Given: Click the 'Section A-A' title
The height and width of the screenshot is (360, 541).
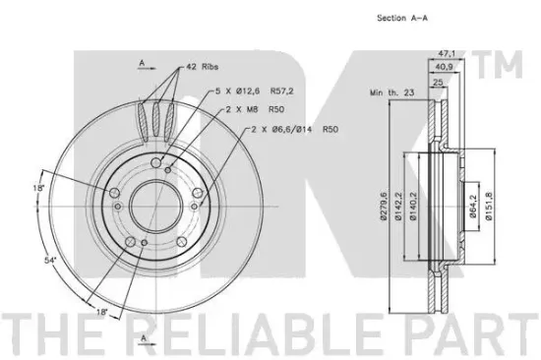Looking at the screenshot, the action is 402,18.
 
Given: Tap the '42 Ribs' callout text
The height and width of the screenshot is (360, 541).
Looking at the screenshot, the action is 203,67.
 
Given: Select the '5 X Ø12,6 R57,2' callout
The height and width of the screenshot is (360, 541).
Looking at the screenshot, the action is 255,91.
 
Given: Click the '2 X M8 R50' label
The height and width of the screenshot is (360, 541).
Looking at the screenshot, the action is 255,109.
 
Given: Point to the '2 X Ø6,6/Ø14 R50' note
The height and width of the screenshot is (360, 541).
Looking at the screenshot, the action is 294,129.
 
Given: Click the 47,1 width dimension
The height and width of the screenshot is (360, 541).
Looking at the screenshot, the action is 448,54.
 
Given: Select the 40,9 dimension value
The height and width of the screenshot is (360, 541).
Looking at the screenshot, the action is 444,67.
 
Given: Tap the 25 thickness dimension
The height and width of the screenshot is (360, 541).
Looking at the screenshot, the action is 438,83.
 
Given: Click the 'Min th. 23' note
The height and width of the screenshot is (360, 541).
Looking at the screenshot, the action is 391,92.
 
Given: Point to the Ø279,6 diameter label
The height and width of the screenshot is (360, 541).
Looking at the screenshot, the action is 383,206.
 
